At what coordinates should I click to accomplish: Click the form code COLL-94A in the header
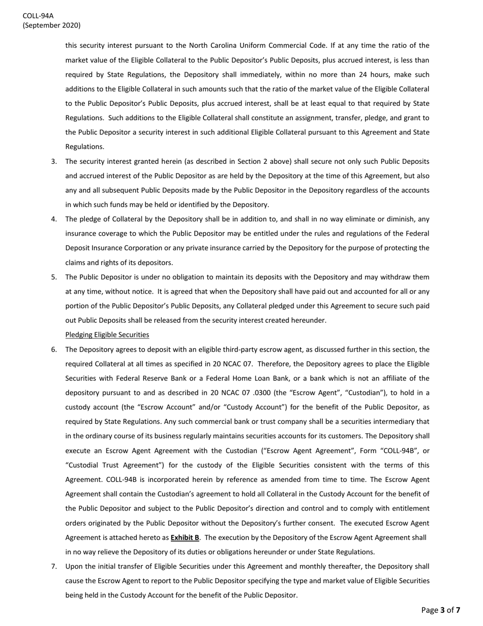pyautogui.click(x=38, y=16)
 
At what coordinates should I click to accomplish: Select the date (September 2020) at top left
pyautogui.click(x=51, y=25)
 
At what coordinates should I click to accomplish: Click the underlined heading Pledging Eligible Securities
pyautogui.click(x=107, y=335)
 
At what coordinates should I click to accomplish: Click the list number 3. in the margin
pyautogui.click(x=54, y=161)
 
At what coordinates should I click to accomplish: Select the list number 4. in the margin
pyautogui.click(x=54, y=219)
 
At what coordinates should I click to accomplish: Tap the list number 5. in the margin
pyautogui.click(x=54, y=277)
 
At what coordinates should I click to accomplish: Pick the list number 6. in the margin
pyautogui.click(x=54, y=350)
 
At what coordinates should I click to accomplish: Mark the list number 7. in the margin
pyautogui.click(x=54, y=566)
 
